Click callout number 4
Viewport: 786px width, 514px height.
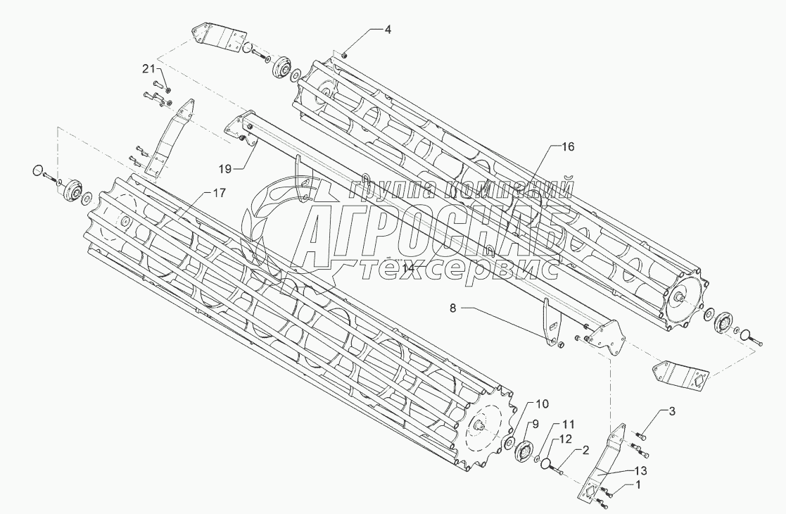[x=387, y=30]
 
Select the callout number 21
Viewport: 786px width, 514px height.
[x=148, y=68]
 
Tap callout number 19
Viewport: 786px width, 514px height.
[x=224, y=169]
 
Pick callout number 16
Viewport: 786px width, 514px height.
[x=567, y=146]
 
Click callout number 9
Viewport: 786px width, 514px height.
[x=534, y=424]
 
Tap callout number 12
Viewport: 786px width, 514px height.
[x=566, y=440]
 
